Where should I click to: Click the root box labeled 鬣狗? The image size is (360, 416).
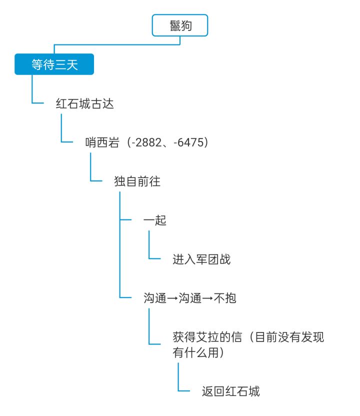tap(180, 25)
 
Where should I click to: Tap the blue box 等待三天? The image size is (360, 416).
tap(54, 64)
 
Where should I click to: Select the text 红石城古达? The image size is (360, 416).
tap(84, 103)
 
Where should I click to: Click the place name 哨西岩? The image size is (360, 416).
tap(102, 142)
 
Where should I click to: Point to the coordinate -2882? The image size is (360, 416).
tap(146, 142)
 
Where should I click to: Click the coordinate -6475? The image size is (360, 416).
tap(188, 142)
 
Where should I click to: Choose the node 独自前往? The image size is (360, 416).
tap(137, 181)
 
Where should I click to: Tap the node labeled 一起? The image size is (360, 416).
tap(155, 220)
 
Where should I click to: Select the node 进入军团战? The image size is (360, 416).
tap(201, 259)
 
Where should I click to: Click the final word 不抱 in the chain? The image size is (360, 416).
tap(225, 298)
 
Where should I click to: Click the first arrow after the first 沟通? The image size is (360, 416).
tap(172, 298)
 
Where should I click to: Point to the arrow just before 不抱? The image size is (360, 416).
tap(207, 298)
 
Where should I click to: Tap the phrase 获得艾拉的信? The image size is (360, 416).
tap(207, 337)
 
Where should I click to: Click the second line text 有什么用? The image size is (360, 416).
tap(195, 352)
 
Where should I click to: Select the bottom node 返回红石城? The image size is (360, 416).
tap(231, 391)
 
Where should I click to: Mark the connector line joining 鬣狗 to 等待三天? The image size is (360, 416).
tap(117, 45)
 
